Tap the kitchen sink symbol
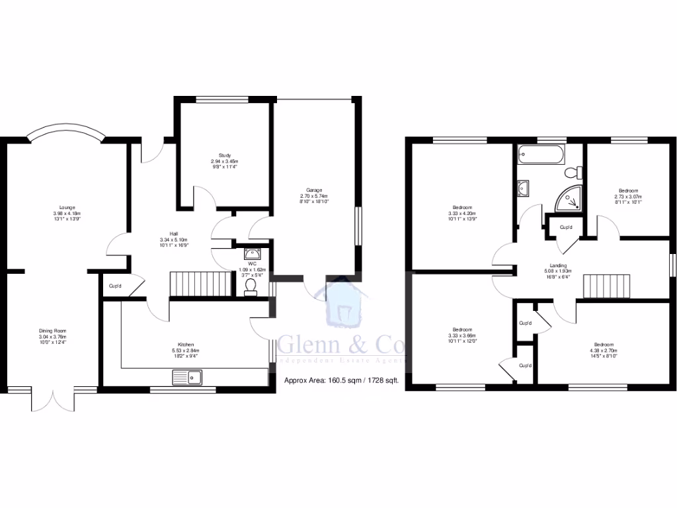click(188, 378)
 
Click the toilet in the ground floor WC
click(251, 285)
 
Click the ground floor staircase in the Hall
click(199, 284)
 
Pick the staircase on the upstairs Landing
click(607, 287)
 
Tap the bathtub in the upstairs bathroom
click(541, 157)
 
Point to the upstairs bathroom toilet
click(573, 173)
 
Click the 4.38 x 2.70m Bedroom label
click(603, 349)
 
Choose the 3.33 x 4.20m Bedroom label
click(461, 214)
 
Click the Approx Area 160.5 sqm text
click(341, 380)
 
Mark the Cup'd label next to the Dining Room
click(115, 286)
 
